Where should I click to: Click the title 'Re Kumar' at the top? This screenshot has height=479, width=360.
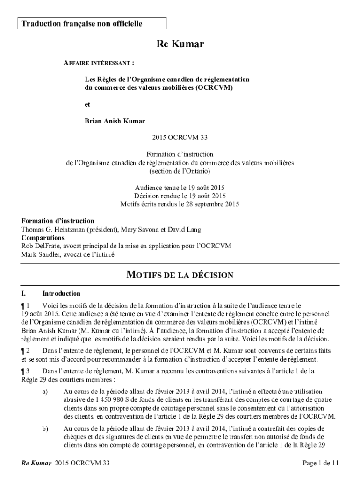click(180, 44)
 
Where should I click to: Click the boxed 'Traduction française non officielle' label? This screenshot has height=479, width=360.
click(80, 23)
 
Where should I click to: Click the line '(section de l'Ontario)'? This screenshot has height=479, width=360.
click(180, 171)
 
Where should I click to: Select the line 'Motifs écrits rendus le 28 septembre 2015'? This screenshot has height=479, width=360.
click(180, 204)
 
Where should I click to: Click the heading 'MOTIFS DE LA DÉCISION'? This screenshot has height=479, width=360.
click(180, 275)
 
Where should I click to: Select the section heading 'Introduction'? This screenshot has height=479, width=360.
click(61, 294)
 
